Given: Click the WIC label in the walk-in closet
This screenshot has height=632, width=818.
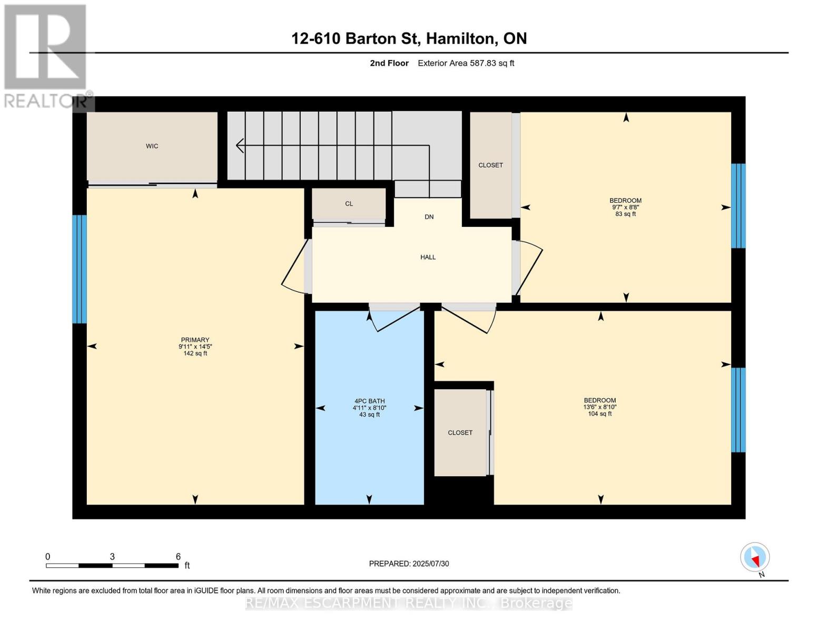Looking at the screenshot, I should tap(152, 146).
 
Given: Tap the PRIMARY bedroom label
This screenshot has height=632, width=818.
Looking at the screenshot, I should tap(195, 340).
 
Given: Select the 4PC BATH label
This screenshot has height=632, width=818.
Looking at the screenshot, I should tap(369, 401).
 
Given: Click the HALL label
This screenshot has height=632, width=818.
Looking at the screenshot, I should tap(428, 257).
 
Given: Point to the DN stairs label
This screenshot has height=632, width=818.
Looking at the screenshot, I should tap(429, 216).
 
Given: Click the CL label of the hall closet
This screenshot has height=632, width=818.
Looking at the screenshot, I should tap(349, 203).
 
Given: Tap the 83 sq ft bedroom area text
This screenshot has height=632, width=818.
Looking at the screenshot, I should tap(625, 214).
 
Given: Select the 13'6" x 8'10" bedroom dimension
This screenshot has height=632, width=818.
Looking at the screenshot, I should tap(599, 407).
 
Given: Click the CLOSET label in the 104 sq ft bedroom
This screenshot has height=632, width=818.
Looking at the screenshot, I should tap(460, 432).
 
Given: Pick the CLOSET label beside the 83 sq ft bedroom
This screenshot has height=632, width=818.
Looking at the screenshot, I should tap(490, 165).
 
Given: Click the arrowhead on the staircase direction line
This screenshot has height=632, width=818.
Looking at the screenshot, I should tap(240, 145).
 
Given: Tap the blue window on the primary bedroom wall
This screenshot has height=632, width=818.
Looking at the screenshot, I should tap(79, 269).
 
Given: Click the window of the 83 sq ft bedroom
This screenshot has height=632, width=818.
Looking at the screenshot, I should tap(738, 205).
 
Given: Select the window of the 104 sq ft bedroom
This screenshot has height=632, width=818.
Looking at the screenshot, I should tap(738, 410).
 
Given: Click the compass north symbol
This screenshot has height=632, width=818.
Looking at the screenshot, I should tap(755, 557).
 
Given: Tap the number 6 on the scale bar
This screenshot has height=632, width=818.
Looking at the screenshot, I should tap(178, 557).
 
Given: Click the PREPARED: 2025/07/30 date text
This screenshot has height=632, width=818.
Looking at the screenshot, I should tap(409, 564).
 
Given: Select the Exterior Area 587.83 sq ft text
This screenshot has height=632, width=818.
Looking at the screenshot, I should tap(466, 63).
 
